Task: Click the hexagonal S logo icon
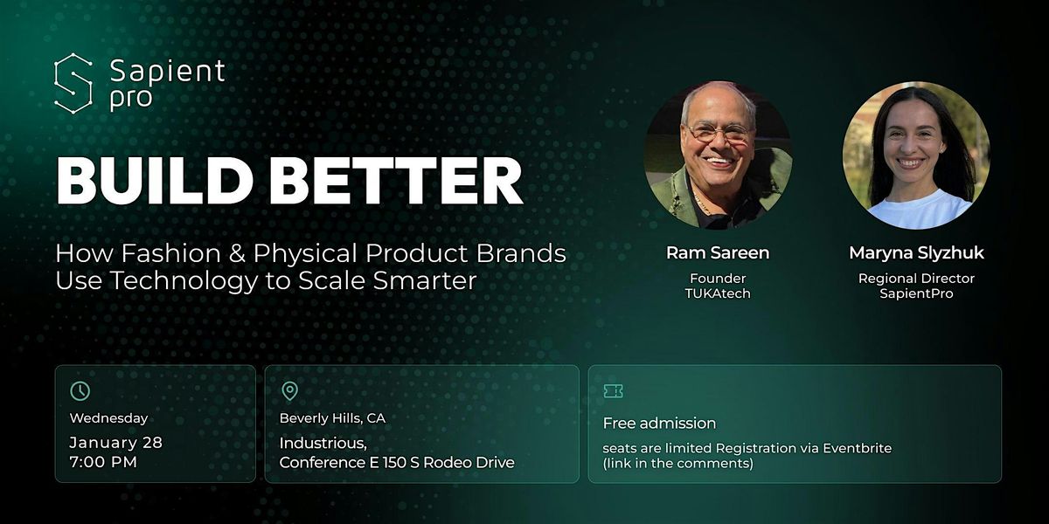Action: (x=73, y=83)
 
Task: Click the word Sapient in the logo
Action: (x=167, y=71)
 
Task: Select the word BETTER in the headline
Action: (x=396, y=181)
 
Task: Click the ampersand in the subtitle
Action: (x=238, y=253)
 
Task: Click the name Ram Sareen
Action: (x=718, y=252)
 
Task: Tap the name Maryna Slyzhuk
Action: (x=916, y=253)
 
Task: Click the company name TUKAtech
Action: (x=718, y=293)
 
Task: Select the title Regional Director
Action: (x=916, y=279)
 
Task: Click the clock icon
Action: (x=80, y=390)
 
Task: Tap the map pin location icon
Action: (x=290, y=390)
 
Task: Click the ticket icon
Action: (x=613, y=391)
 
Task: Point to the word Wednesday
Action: (x=108, y=417)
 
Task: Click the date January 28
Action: (x=115, y=443)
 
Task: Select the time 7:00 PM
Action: (x=103, y=462)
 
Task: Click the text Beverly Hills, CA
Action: (x=332, y=418)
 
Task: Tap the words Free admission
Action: (x=659, y=424)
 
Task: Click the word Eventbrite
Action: (x=857, y=448)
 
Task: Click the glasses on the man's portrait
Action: (x=718, y=133)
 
